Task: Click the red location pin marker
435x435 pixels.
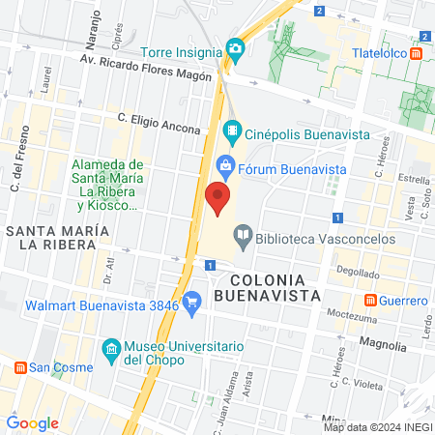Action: pyautogui.click(x=217, y=199)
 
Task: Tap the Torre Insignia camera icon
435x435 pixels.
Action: pyautogui.click(x=234, y=48)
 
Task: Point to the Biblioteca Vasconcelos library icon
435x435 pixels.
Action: pyautogui.click(x=243, y=234)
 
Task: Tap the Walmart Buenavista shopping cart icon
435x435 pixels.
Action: pyautogui.click(x=191, y=301)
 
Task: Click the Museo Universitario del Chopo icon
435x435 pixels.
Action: pyautogui.click(x=112, y=348)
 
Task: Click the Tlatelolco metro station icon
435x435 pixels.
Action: pyautogui.click(x=415, y=54)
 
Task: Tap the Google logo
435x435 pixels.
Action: pyautogui.click(x=32, y=423)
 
